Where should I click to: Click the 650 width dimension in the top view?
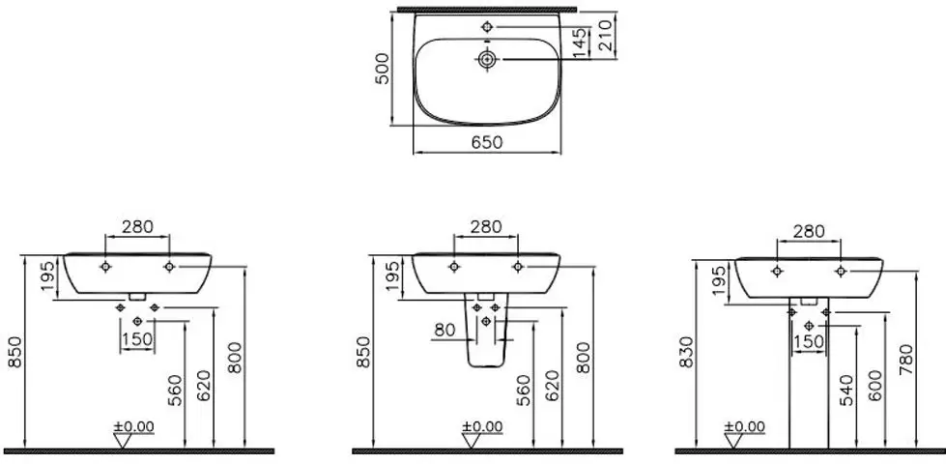486,142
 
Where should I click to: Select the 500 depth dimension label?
383,69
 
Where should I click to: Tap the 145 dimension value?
579,43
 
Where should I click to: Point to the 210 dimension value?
606,35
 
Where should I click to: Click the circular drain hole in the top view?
487,59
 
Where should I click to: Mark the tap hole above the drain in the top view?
487,26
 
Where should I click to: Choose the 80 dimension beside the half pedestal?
444,331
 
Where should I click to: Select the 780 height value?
906,359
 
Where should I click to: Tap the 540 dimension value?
847,390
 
